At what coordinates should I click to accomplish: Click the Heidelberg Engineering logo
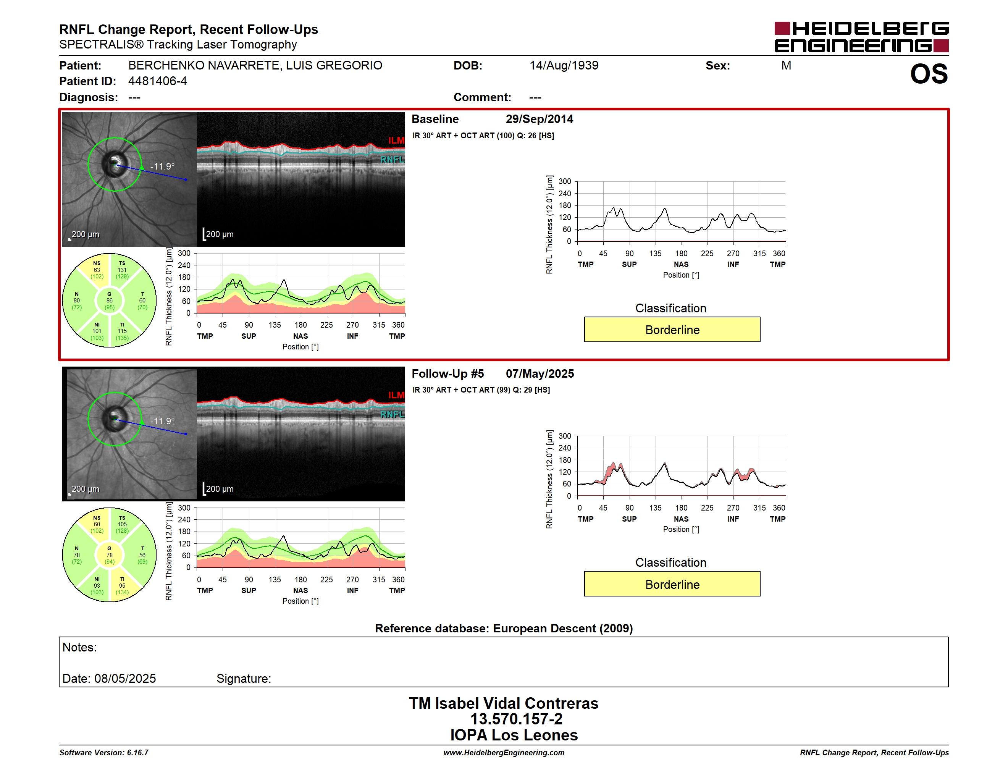click(861, 37)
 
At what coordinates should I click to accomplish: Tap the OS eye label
click(929, 74)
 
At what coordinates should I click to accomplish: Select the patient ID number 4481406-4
click(157, 81)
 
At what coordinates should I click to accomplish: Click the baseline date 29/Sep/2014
click(539, 119)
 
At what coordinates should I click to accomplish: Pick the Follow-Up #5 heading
click(448, 373)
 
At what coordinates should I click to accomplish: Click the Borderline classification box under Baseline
click(672, 330)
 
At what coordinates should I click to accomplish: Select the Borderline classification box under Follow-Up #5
click(672, 584)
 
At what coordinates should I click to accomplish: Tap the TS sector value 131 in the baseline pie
click(122, 270)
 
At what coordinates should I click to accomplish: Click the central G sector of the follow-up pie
click(109, 555)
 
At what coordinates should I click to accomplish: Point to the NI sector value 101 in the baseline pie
click(97, 331)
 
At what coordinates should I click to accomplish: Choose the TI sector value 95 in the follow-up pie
click(122, 586)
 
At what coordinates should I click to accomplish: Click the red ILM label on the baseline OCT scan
click(396, 140)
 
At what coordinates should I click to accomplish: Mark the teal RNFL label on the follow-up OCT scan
click(392, 414)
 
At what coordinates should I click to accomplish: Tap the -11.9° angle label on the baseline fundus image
click(162, 166)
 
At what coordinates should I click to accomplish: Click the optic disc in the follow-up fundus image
click(114, 419)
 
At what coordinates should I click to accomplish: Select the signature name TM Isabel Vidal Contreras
click(504, 703)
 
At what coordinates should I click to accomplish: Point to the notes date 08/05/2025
click(125, 679)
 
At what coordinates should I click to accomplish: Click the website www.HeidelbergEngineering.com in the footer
click(504, 753)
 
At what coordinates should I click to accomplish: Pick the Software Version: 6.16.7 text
click(104, 753)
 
